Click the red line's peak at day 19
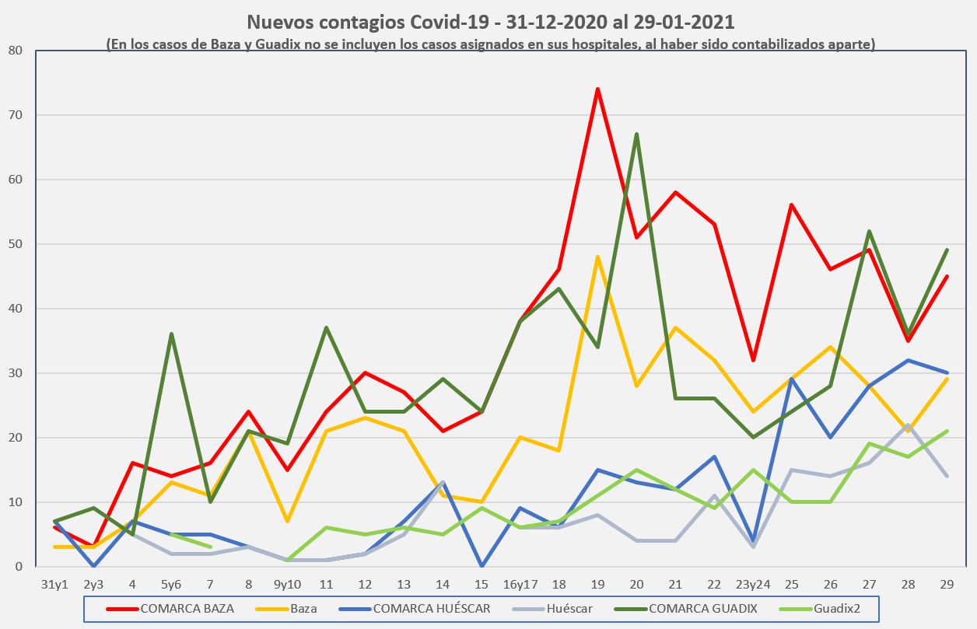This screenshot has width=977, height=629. point(597,89)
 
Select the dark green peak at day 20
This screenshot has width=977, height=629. point(636,135)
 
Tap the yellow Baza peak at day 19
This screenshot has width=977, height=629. point(597,257)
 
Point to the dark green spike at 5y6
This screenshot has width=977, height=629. point(171,334)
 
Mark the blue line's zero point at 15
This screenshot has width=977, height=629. point(481,566)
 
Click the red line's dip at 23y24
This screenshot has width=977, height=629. point(753,360)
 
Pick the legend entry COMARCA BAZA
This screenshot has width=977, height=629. point(187,609)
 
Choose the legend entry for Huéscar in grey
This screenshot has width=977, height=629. point(573,609)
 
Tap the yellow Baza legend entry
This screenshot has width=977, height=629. point(303,609)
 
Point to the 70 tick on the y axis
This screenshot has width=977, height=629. point(16,115)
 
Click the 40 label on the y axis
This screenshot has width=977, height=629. point(16,309)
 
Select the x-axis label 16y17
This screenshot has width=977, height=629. point(520,583)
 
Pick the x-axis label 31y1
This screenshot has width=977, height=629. point(54,583)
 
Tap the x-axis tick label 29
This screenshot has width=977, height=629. point(947,583)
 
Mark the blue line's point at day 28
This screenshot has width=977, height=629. point(908,360)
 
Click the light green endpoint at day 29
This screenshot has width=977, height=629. point(947,432)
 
